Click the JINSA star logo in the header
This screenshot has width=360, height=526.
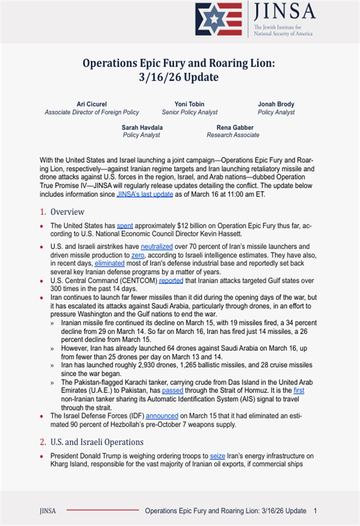point(218,20)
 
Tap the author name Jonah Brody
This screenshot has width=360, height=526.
point(276,104)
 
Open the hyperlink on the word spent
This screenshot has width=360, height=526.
point(125,226)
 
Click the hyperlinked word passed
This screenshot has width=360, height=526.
point(172,390)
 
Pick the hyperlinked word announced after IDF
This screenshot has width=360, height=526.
point(162,416)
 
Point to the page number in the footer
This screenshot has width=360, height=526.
point(316,511)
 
